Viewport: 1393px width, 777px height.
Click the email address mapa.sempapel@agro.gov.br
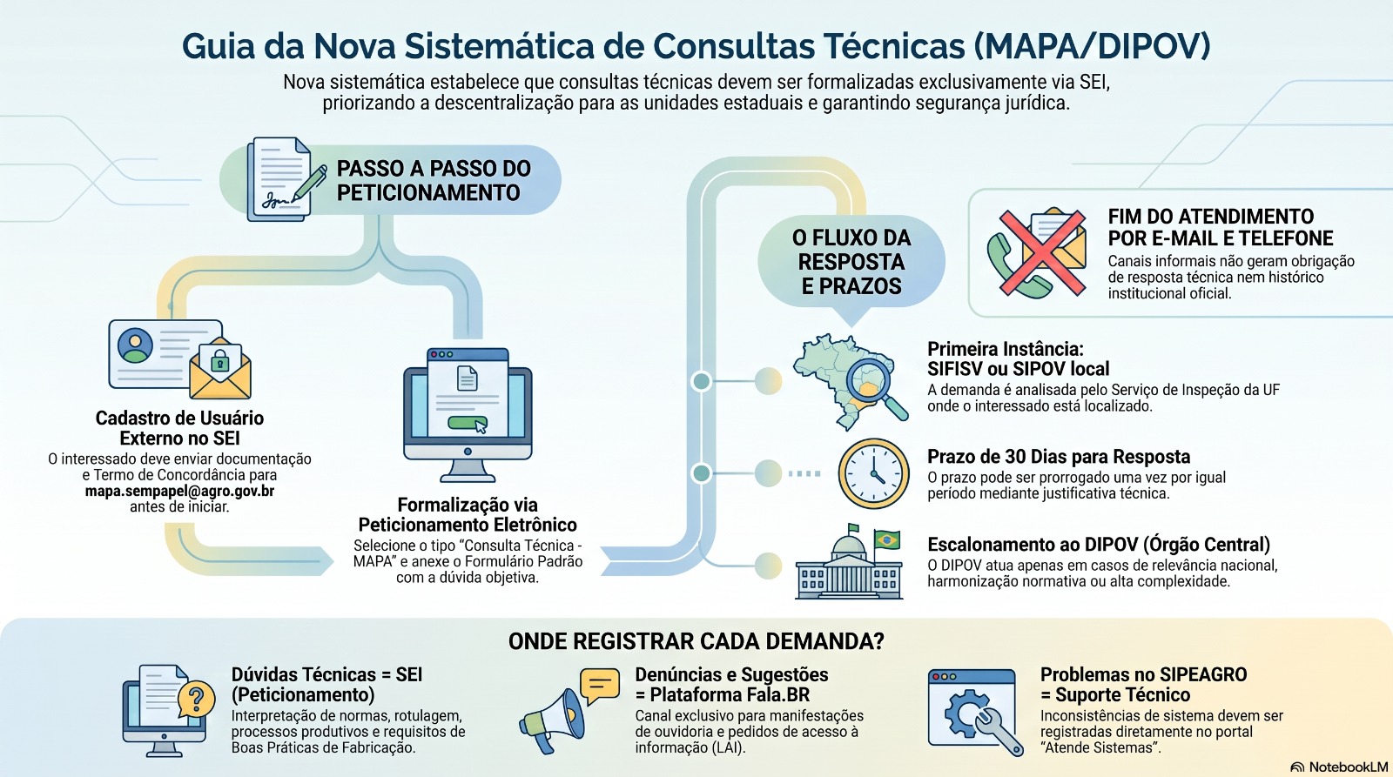click(179, 491)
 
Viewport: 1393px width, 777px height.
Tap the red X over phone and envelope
click(1042, 251)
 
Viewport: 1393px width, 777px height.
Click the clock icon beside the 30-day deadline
click(873, 473)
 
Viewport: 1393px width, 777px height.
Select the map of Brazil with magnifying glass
click(850, 382)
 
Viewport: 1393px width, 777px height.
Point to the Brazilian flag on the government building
click(886, 539)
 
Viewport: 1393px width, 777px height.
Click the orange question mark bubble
click(196, 700)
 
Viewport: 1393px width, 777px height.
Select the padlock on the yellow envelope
click(219, 360)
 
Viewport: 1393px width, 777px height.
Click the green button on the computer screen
click(467, 424)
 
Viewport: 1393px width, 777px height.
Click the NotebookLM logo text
click(1349, 767)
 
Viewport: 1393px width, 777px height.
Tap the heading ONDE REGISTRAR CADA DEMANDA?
click(696, 641)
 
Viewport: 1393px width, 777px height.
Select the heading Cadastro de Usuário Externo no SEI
click(179, 428)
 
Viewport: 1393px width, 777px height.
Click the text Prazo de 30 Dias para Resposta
click(1059, 457)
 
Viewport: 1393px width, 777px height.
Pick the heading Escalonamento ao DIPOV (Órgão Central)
click(1099, 545)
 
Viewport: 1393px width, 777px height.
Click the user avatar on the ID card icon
click(135, 345)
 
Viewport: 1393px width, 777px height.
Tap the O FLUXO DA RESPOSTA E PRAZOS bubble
click(851, 262)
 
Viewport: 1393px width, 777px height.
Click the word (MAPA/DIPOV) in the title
click(1092, 47)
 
